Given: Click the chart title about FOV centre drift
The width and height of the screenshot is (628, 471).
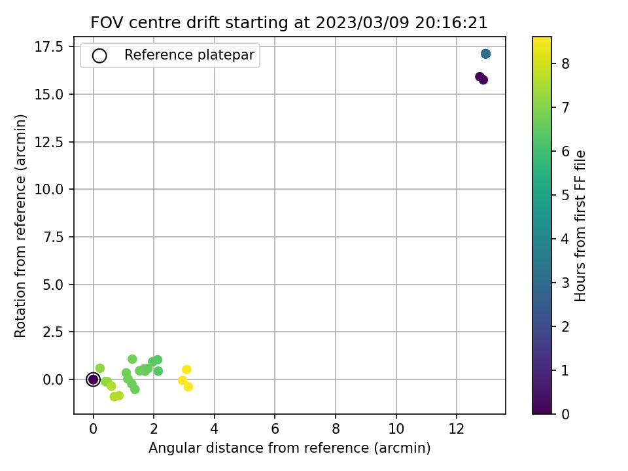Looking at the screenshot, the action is pyautogui.click(x=289, y=22).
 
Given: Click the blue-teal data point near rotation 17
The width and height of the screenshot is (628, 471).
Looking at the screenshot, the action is pyautogui.click(x=485, y=54).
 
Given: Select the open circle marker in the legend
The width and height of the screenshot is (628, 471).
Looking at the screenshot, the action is pyautogui.click(x=99, y=56).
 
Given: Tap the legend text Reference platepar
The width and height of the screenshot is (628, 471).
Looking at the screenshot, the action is pyautogui.click(x=189, y=55).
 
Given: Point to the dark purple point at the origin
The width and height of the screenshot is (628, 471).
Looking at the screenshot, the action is pyautogui.click(x=93, y=379).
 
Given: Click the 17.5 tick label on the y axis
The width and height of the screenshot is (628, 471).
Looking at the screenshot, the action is pyautogui.click(x=49, y=47).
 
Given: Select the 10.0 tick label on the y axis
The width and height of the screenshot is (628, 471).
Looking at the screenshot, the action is pyautogui.click(x=49, y=189).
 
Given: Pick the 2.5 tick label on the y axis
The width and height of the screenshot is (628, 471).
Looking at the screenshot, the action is pyautogui.click(x=53, y=332).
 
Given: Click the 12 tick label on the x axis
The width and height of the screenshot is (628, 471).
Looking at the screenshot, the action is pyautogui.click(x=456, y=429).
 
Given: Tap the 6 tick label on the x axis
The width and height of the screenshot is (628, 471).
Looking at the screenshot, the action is pyautogui.click(x=275, y=429).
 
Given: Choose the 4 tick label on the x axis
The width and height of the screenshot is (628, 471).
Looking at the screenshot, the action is pyautogui.click(x=215, y=429).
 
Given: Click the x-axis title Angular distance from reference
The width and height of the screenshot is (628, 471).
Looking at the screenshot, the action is pyautogui.click(x=290, y=447).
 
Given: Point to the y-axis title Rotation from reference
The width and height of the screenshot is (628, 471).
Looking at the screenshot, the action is pyautogui.click(x=20, y=226).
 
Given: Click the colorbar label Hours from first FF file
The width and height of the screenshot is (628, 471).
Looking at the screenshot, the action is pyautogui.click(x=580, y=226).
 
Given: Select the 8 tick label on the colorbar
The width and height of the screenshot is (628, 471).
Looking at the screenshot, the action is pyautogui.click(x=565, y=63).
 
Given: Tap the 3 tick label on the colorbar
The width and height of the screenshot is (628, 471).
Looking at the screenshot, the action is pyautogui.click(x=565, y=283).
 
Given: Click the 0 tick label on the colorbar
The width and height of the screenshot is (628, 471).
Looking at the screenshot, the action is pyautogui.click(x=565, y=414).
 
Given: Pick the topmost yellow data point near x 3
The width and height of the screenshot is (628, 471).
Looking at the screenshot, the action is pyautogui.click(x=186, y=369).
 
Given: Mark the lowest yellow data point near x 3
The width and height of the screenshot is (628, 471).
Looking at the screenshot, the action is pyautogui.click(x=188, y=387).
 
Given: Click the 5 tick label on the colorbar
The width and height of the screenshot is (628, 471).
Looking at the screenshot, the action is pyautogui.click(x=565, y=195).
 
